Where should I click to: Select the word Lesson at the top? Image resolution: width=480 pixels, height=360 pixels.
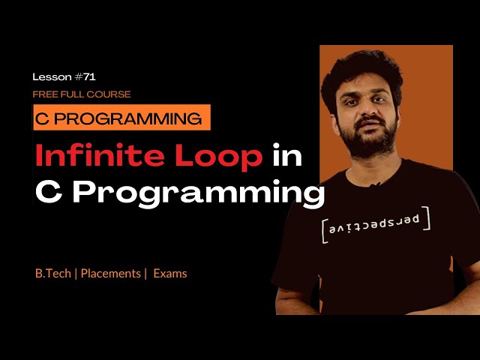coord(52,76)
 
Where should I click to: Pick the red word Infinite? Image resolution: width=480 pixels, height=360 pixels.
coord(92,156)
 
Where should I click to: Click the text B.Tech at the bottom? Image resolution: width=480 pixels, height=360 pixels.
coord(52,274)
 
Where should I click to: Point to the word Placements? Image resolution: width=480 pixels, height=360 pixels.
coord(110,274)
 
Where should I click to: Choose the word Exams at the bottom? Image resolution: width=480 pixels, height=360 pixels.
coord(170,274)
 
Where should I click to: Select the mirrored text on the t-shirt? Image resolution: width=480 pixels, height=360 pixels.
coord(375,224)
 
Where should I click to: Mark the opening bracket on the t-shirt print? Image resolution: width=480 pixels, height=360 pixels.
coord(323,230)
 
